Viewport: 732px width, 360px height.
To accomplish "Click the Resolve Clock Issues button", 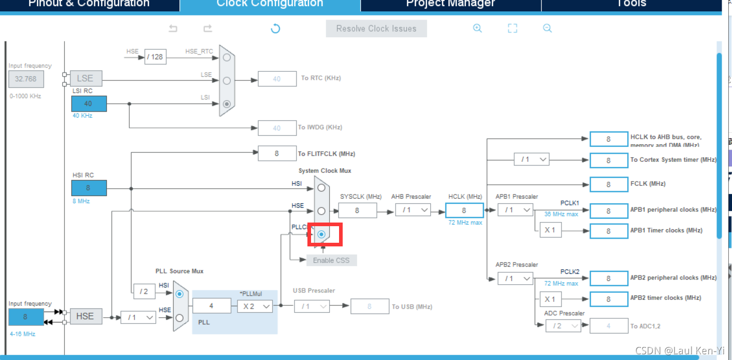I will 376,29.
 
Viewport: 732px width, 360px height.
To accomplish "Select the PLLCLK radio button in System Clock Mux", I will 321,234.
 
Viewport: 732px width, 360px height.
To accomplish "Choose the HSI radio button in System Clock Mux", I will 321,187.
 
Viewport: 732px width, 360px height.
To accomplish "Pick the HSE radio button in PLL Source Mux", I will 179,317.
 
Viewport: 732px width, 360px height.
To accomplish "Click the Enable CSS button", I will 331,260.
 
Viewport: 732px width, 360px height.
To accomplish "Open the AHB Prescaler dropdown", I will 413,210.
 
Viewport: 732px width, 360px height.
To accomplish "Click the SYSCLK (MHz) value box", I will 357,211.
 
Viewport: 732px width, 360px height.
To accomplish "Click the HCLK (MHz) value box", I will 464,210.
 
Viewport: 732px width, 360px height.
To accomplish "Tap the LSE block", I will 86,78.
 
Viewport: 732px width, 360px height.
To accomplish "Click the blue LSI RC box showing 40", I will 89,104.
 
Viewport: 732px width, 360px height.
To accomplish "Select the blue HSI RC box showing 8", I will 89,188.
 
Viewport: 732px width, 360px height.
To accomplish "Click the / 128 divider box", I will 154,57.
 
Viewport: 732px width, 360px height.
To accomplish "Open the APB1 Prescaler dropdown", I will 515,210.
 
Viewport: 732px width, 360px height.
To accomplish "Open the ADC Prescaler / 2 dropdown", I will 563,326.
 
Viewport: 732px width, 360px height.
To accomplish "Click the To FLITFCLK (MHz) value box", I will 277,154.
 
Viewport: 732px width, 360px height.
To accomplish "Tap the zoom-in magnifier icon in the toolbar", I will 477,29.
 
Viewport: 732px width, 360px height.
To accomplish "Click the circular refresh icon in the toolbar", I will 276,29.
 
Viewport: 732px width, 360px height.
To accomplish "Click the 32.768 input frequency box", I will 26,79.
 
